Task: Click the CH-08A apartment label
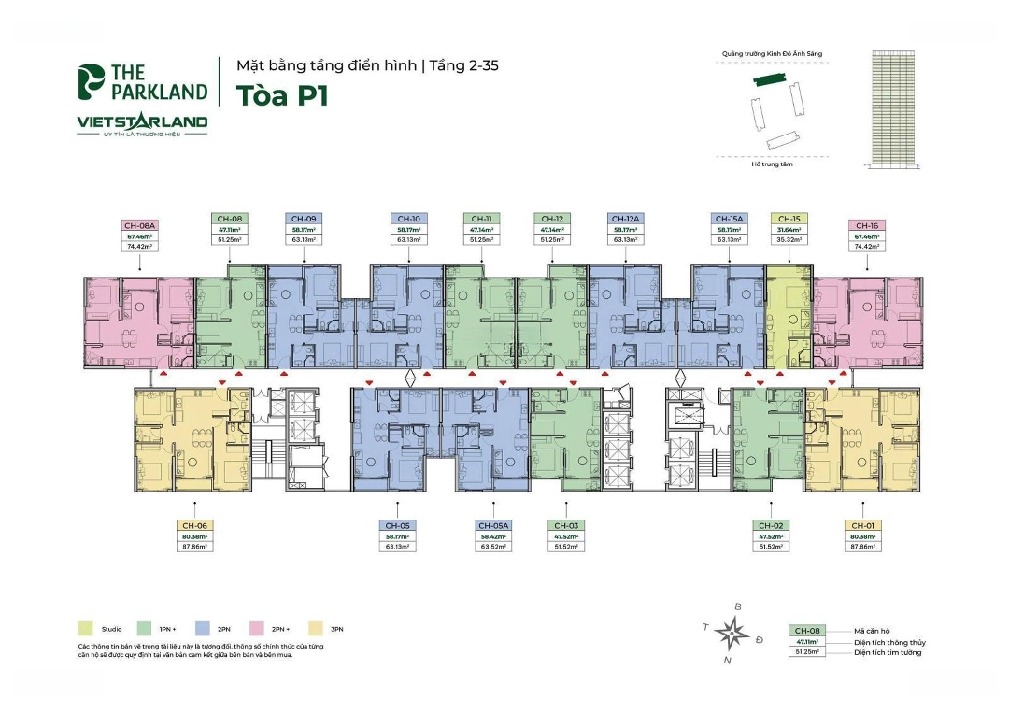[139, 225]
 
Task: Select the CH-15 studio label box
[789, 230]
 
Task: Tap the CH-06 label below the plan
[193, 525]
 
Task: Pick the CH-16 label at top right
[866, 225]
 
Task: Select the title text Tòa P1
[282, 96]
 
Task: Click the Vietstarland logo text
[142, 121]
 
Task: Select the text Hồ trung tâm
[771, 164]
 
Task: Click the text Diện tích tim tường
[887, 652]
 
